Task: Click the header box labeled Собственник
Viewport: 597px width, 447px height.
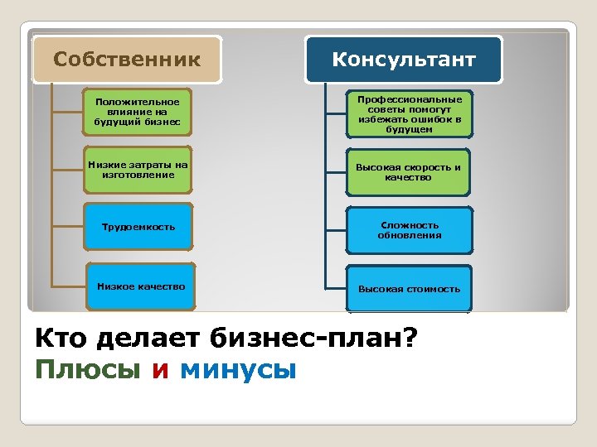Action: click(127, 59)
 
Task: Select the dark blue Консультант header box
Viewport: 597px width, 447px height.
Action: click(404, 59)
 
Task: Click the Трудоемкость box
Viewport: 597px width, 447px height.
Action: click(138, 226)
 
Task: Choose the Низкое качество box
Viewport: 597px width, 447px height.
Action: click(141, 286)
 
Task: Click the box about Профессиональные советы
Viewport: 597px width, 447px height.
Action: click(410, 113)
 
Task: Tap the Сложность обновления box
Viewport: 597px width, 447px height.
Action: click(410, 229)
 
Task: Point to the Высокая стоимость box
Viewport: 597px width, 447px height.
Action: click(409, 289)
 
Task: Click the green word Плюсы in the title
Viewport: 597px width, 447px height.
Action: click(88, 368)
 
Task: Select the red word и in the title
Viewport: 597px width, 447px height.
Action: click(160, 368)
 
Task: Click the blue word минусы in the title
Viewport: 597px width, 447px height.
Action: click(238, 368)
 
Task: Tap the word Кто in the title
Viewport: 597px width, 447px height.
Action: click(62, 339)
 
